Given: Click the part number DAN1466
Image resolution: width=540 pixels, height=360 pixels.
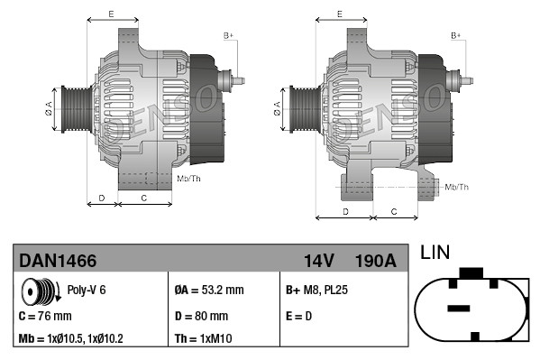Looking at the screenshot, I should tap(58, 261).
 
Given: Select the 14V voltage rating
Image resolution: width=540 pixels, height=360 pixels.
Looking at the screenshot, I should tap(318, 261).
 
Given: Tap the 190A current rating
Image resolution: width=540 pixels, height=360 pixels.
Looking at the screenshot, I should tap(375, 261).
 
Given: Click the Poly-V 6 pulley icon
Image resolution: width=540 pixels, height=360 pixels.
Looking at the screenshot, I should tap(39, 291).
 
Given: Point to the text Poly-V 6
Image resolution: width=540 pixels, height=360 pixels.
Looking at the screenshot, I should tap(87, 291).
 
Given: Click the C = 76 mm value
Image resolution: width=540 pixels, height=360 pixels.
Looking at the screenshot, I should tap(45, 317).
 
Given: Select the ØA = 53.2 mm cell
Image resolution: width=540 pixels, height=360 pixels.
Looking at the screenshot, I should tap(208, 291).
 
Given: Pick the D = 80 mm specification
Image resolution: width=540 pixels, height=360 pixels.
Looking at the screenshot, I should tap(201, 317).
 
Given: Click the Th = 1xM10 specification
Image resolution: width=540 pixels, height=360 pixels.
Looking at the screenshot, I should tap(203, 339).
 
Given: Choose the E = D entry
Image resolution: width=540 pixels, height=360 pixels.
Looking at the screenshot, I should tap(300, 317).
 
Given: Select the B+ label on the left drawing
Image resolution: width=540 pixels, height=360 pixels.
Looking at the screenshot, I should tap(228, 35).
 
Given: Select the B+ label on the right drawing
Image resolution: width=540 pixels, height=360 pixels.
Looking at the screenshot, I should tap(456, 35).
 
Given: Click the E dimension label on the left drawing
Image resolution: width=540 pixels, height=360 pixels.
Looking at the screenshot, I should tap(111, 14).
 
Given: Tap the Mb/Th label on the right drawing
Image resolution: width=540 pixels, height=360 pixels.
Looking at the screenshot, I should tap(457, 187).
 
